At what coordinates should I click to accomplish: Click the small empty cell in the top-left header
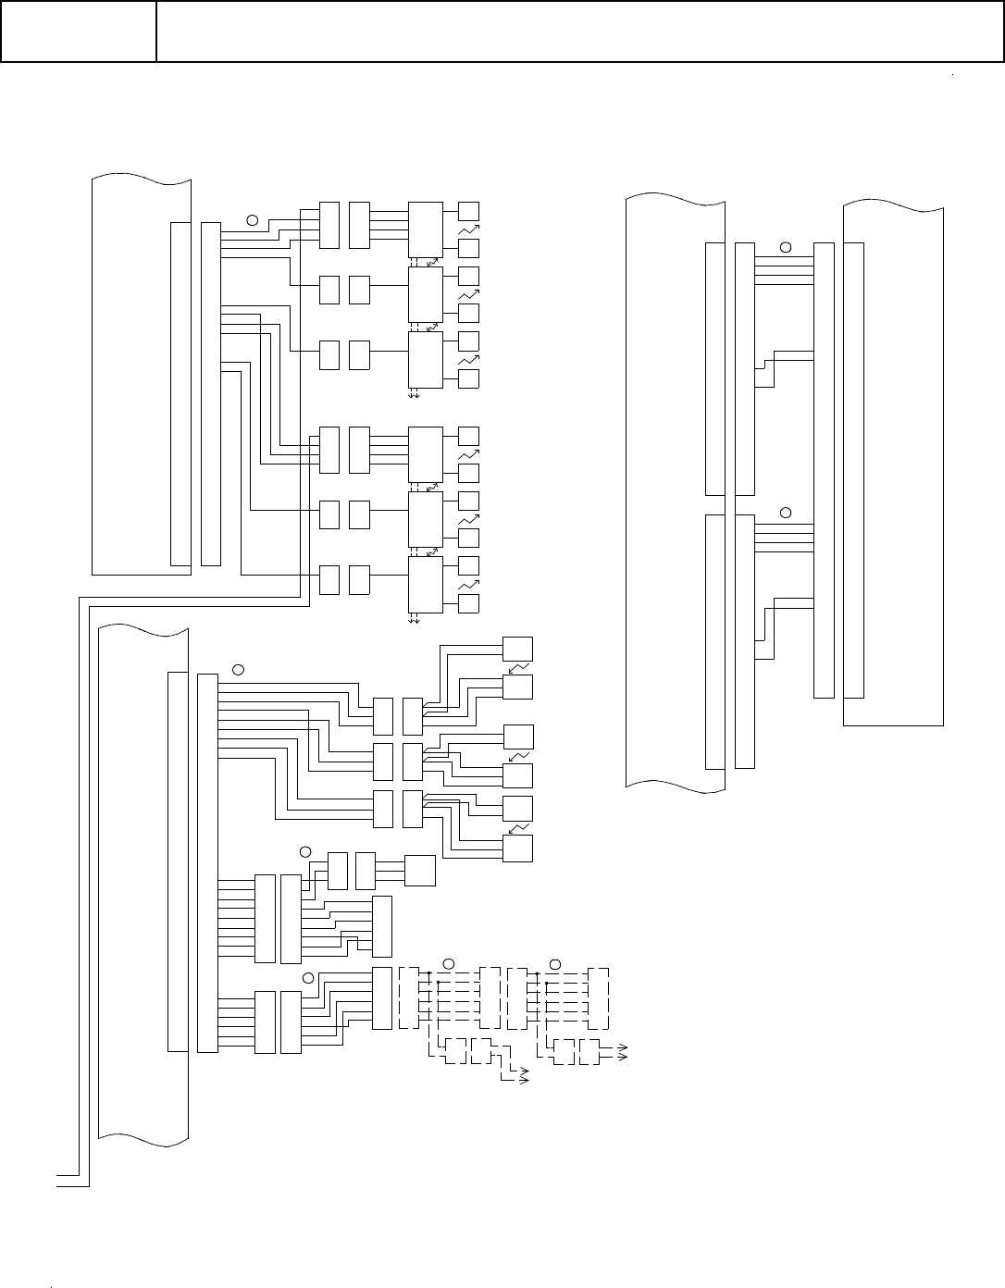78,31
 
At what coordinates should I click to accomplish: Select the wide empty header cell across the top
579,31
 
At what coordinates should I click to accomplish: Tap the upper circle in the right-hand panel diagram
786,247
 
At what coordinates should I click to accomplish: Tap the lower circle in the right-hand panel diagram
786,512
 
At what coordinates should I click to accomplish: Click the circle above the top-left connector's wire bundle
253,220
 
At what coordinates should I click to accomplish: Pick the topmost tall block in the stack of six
426,230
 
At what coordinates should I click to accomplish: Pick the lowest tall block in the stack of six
426,585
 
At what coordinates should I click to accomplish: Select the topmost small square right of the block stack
469,210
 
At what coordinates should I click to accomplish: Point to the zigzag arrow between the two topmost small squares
469,229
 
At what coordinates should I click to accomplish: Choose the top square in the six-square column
517,648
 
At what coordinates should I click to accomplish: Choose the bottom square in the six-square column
517,848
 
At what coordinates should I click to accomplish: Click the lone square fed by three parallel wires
420,871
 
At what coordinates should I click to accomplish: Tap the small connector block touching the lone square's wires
366,871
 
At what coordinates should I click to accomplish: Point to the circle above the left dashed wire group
448,964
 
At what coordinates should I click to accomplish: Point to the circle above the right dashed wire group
555,964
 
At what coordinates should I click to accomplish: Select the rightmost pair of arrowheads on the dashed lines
623,1052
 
